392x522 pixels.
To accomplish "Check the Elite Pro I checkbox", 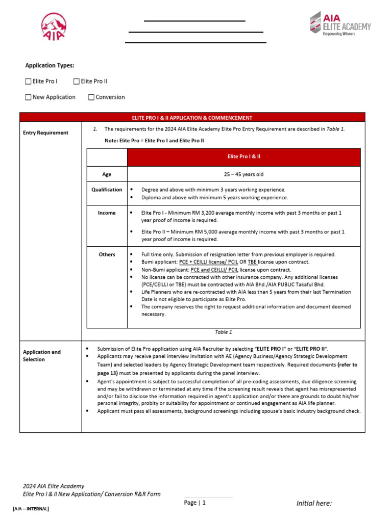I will tap(28, 81).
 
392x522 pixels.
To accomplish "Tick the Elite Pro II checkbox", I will tap(77, 81).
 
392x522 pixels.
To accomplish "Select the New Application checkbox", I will tap(28, 97).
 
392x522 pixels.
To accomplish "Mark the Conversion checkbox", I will tap(91, 97).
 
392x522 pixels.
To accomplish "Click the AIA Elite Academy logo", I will tap(340, 24).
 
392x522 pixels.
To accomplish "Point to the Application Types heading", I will tap(50, 65).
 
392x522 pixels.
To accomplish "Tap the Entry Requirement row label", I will tap(45, 133).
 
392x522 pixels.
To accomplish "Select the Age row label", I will tap(107, 174).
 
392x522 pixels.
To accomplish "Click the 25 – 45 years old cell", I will tap(243, 174).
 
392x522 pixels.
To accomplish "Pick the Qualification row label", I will tap(107, 190).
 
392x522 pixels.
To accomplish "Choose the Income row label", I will tap(107, 213).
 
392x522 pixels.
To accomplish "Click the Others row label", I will tap(107, 254).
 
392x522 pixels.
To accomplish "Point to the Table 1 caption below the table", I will tap(223, 332).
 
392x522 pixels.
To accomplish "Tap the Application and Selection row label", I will tap(42, 355).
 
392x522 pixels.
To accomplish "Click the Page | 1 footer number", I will tap(194, 503).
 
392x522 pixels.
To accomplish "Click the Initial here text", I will tap(314, 504).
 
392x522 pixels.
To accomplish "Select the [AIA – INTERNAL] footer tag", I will tap(31, 509).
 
